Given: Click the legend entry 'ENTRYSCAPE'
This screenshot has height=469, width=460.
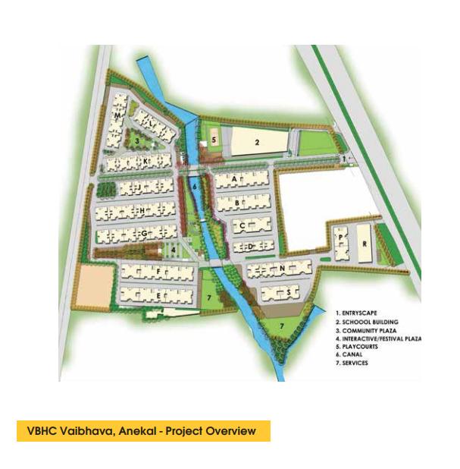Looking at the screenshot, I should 362,312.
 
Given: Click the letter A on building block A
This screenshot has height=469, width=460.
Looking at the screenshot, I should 235,178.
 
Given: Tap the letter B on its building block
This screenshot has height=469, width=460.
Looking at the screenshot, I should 238,203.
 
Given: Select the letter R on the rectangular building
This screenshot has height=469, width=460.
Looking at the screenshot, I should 364,244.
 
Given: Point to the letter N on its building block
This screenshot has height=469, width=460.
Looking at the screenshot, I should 281,268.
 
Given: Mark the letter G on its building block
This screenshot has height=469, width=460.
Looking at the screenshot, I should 142,235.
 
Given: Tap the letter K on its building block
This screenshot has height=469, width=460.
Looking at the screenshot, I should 145,161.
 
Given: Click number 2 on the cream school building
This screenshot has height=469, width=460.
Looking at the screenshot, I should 257,142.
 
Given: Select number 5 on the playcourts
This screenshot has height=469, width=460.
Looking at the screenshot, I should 214,140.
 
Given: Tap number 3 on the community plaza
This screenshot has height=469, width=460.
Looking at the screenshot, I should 136,140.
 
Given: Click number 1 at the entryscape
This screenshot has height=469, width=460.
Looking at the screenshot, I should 343,158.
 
